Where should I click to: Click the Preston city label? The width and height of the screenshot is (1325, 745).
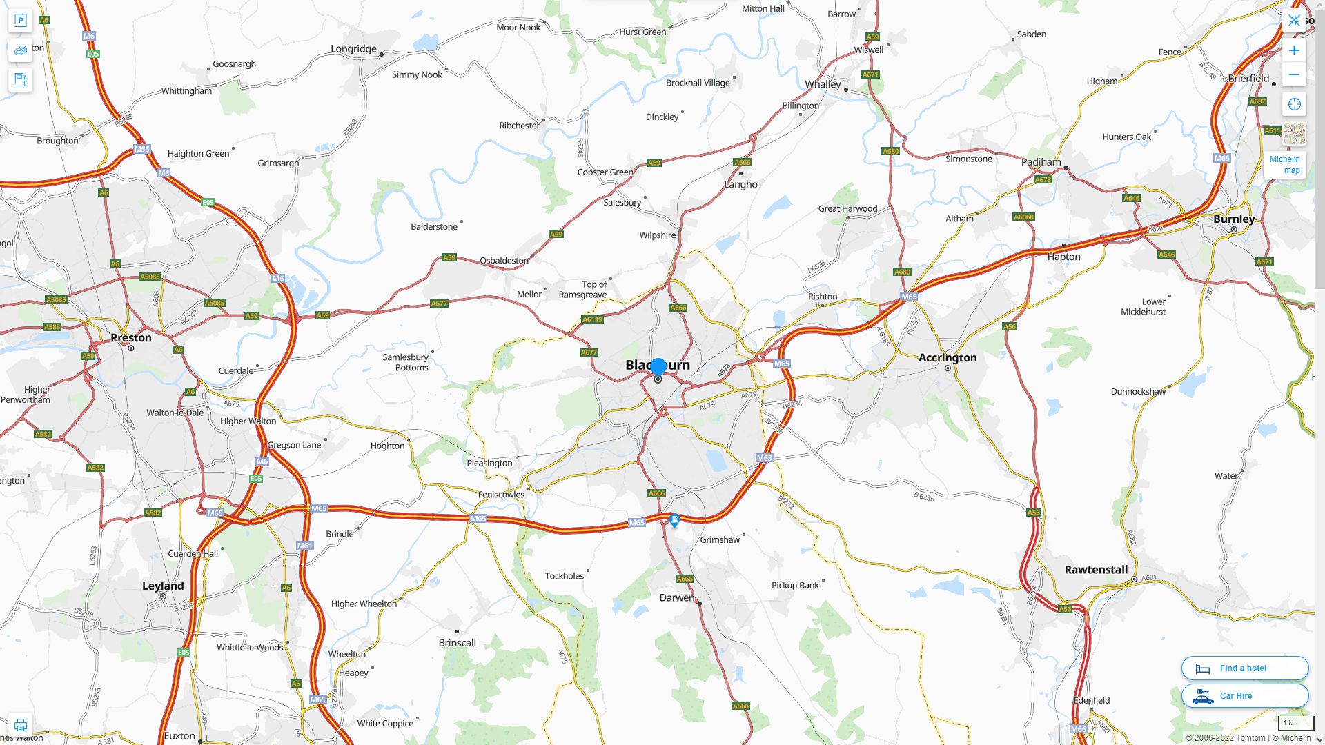point(130,337)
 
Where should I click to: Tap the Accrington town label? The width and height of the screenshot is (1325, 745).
point(948,357)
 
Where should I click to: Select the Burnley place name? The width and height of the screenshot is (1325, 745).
point(1234,219)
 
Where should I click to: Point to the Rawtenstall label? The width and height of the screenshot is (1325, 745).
point(1096,570)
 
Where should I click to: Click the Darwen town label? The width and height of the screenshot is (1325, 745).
point(677,597)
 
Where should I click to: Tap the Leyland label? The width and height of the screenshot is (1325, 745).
point(163,586)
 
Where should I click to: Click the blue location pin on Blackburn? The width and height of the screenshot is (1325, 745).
point(658,366)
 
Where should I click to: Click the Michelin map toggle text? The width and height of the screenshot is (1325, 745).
point(1285,164)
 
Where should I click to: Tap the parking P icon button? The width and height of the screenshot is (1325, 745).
point(20,20)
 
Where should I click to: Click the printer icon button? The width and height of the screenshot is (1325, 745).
point(20,725)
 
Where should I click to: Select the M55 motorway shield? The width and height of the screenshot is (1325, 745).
point(141,149)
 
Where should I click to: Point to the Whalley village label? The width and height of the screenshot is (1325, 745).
point(823,84)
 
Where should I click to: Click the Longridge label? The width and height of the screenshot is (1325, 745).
point(353,49)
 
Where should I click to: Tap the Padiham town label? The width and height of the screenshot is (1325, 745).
point(1041,162)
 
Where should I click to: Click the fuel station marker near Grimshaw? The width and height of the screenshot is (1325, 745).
point(674,519)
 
